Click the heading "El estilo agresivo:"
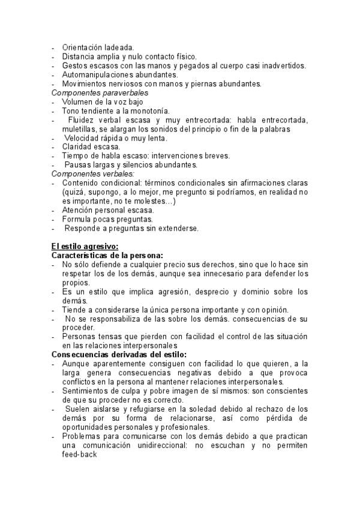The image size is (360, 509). [85, 245]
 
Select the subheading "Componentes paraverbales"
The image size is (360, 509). [100, 93]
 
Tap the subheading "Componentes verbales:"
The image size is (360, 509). [94, 173]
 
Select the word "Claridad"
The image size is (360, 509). [77, 146]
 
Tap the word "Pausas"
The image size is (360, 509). [79, 164]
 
